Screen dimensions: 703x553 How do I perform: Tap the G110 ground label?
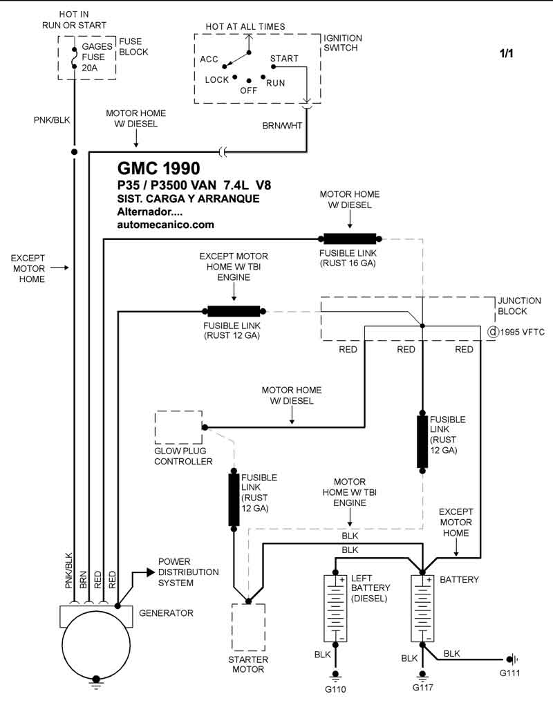(x=335, y=689)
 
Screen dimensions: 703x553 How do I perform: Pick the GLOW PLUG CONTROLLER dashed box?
(x=178, y=427)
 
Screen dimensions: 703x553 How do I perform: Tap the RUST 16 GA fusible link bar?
(x=350, y=239)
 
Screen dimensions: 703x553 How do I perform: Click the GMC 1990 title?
(x=159, y=169)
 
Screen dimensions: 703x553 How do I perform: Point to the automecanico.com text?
(x=166, y=225)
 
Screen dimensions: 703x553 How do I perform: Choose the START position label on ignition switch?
(x=284, y=58)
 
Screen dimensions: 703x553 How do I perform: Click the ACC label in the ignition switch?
(x=209, y=59)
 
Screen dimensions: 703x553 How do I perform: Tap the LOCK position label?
(x=216, y=80)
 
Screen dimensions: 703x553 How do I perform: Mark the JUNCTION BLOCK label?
(x=519, y=306)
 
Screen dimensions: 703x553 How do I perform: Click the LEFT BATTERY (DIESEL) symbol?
(x=335, y=608)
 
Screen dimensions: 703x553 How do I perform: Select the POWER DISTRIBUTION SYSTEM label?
(x=188, y=572)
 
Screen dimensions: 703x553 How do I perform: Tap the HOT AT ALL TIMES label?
(x=245, y=26)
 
